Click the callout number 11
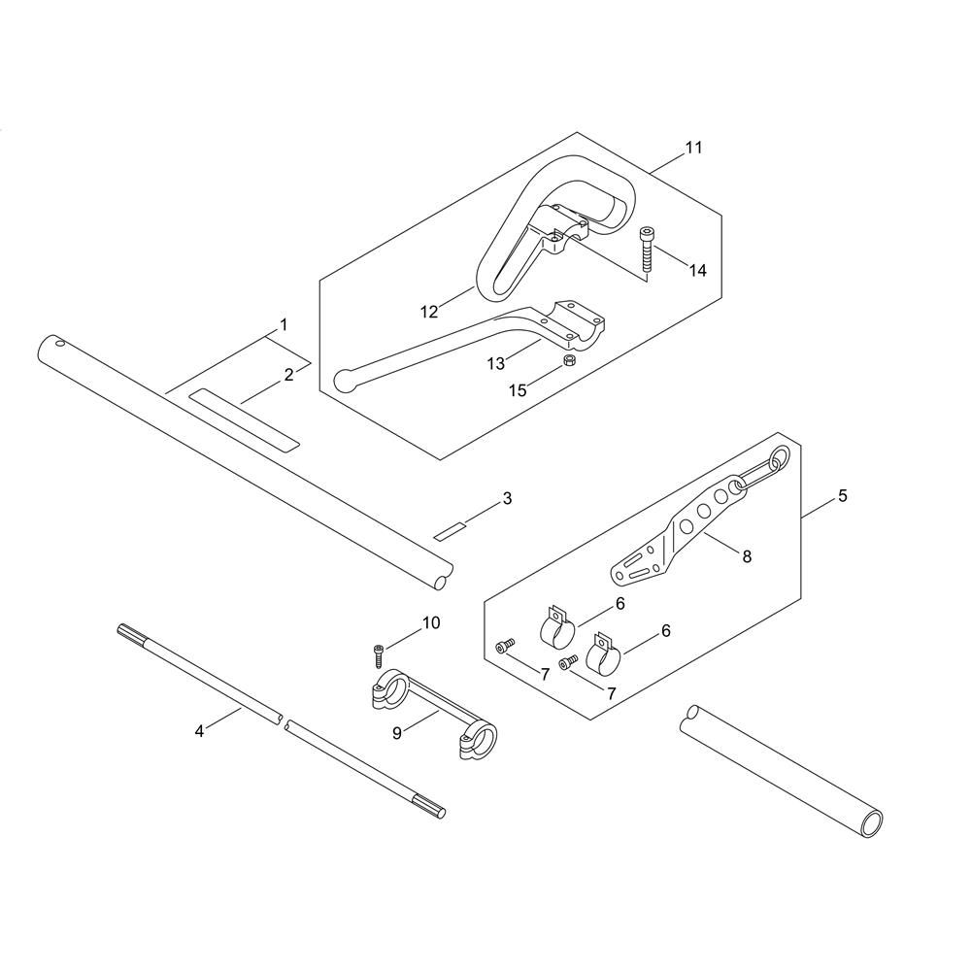tap(693, 148)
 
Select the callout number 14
tap(698, 271)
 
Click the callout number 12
tap(429, 312)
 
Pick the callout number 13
tap(496, 363)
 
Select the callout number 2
tap(288, 375)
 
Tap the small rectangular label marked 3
tap(451, 531)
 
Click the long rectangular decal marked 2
tap(244, 420)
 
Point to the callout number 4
tap(199, 731)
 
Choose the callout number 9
tap(397, 733)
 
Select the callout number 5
tap(842, 496)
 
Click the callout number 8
tap(747, 556)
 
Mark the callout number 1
tap(284, 324)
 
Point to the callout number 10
tap(431, 623)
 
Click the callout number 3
tap(507, 498)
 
